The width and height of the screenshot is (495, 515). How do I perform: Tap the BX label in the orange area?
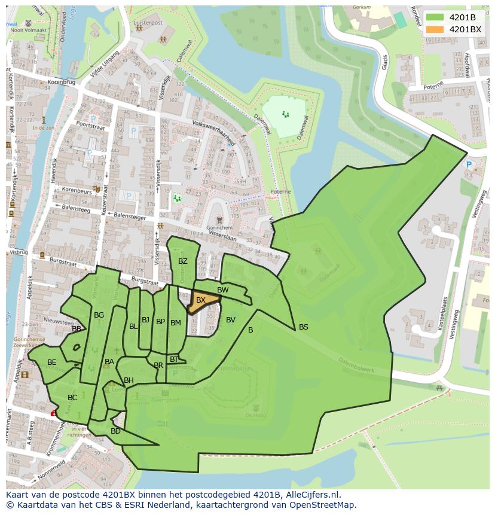(x=201, y=300)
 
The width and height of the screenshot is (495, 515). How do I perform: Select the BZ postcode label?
(x=183, y=261)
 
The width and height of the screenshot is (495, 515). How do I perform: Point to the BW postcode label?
(x=222, y=290)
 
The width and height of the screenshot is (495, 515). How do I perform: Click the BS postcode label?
(x=304, y=327)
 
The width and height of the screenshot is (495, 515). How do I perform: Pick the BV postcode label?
(x=231, y=320)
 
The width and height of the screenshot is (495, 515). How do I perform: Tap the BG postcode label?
(x=99, y=315)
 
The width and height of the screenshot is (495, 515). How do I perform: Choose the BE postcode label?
(x=52, y=362)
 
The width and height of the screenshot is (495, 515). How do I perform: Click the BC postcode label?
(x=72, y=398)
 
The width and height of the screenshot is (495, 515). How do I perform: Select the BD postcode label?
(x=115, y=431)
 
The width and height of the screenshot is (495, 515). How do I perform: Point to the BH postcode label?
(x=129, y=380)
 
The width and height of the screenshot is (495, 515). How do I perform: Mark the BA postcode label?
(x=109, y=362)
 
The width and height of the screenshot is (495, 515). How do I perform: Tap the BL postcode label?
(x=133, y=327)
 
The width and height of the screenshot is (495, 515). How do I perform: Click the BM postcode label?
(x=176, y=323)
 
